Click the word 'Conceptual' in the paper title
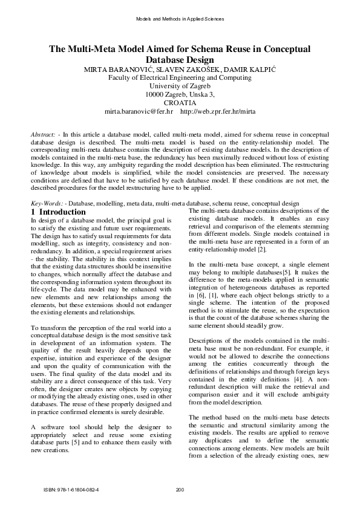pos(284,49)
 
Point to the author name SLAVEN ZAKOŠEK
pos(198,70)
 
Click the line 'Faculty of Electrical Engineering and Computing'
pos(180,78)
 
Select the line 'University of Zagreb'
pos(180,86)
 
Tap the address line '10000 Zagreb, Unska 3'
pos(180,95)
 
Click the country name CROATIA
pos(180,103)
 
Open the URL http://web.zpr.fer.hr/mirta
pos(218,112)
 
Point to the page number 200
pos(179,489)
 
